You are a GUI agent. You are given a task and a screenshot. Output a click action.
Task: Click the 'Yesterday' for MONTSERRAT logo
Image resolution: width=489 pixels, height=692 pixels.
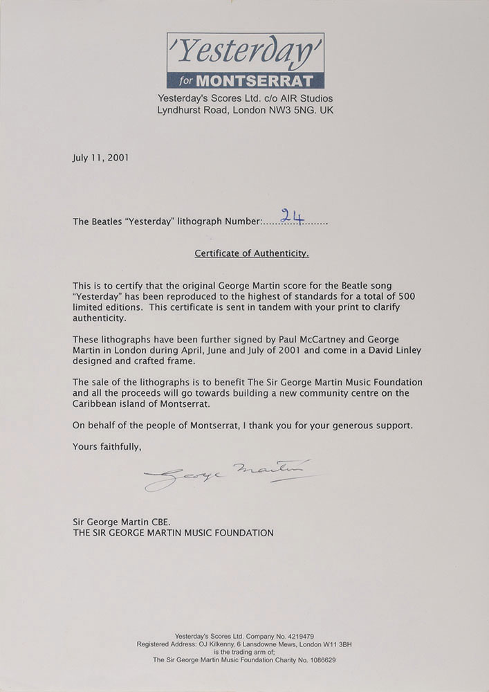pos(245,61)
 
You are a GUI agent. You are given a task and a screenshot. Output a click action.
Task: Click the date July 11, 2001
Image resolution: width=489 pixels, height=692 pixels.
pos(100,157)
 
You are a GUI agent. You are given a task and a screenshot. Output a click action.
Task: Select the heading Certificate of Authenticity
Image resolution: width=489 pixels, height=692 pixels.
pos(251,253)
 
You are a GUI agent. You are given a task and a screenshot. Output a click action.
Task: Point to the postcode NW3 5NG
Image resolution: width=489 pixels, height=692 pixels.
pos(291,109)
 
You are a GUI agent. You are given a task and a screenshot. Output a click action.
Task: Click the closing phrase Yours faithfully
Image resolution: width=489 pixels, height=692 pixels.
pos(107,446)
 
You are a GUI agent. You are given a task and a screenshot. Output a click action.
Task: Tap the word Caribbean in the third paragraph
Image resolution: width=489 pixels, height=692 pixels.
pos(95,404)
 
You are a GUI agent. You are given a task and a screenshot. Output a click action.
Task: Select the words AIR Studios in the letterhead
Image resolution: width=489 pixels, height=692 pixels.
pos(304,98)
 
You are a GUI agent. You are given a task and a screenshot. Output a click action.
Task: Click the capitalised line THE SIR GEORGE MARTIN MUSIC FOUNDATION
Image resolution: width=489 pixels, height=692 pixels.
pos(173,533)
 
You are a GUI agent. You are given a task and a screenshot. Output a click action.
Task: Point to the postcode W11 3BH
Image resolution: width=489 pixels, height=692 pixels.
pos(353,644)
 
